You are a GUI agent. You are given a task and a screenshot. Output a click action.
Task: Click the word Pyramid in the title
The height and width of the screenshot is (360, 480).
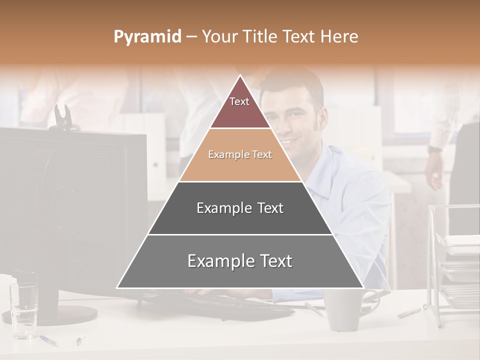[x=147, y=37]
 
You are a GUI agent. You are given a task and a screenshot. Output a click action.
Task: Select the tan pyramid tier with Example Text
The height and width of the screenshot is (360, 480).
[x=240, y=155]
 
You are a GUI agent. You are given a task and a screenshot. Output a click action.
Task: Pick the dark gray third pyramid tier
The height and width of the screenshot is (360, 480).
[x=240, y=208]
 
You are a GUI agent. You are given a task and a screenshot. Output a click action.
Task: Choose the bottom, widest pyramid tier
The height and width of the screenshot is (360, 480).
[x=240, y=261]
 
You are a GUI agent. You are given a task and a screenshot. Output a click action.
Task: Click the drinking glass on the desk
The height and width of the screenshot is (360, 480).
[x=23, y=305]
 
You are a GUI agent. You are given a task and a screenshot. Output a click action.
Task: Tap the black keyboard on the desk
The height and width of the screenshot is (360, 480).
[x=235, y=302]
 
